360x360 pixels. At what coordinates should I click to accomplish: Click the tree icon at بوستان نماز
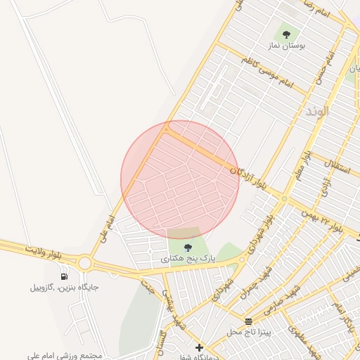point(286,33)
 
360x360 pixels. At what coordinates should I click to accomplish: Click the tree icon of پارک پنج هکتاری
point(188,247)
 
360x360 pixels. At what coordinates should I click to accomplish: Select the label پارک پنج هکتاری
point(188,259)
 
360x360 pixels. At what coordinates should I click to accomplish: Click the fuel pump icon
point(65,276)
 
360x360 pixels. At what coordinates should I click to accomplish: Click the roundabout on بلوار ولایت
point(86,263)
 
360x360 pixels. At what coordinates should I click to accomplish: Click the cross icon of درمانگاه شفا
point(200,347)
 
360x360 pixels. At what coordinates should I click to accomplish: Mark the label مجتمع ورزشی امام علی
point(65,356)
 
